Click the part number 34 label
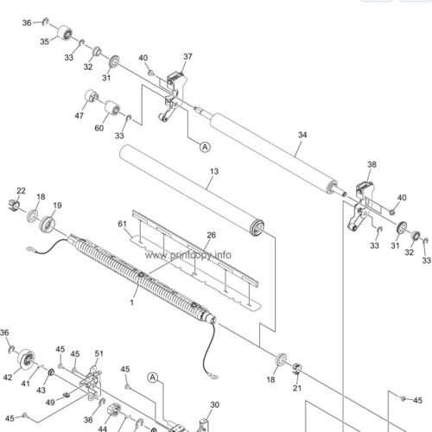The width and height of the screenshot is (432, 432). click(302, 135)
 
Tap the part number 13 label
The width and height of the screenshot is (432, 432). click(214, 171)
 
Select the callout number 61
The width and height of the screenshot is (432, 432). click(123, 224)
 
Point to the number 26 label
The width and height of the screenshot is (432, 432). click(212, 235)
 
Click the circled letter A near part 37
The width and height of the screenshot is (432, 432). click(205, 147)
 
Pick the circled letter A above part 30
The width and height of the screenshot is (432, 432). click(153, 378)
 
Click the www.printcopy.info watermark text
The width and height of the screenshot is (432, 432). click(188, 255)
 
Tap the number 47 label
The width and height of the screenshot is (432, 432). click(79, 116)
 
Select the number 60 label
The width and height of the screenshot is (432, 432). click(99, 128)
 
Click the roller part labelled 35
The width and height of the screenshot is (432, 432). click(65, 33)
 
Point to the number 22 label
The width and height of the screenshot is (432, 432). click(21, 191)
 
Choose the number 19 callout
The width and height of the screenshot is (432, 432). click(57, 206)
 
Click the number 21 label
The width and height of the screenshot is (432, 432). click(297, 388)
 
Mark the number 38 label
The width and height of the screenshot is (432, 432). click(372, 164)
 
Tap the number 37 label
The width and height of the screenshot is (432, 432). click(187, 56)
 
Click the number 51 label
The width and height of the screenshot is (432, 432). click(98, 353)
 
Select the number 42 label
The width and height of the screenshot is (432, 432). click(8, 378)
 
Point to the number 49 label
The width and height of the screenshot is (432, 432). click(50, 402)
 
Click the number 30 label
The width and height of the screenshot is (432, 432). click(214, 405)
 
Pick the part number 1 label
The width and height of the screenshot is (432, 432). click(132, 302)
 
